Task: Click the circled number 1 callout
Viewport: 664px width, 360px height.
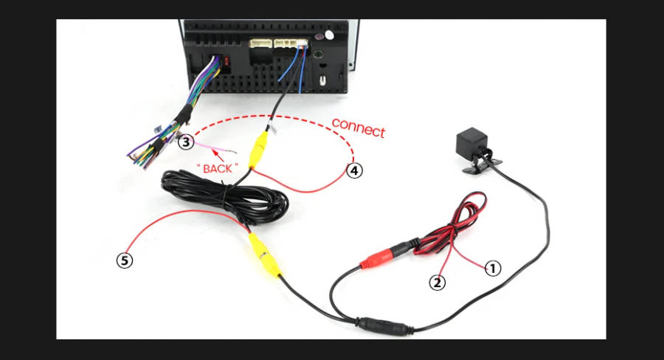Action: pos(492,268)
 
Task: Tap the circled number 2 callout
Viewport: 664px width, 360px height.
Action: pos(438,282)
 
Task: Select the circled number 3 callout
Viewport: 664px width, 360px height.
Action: pos(185,141)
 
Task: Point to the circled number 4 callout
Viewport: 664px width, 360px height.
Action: pos(355,170)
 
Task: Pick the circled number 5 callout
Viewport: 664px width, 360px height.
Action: pos(124,260)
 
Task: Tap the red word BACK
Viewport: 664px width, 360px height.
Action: pos(217,168)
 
